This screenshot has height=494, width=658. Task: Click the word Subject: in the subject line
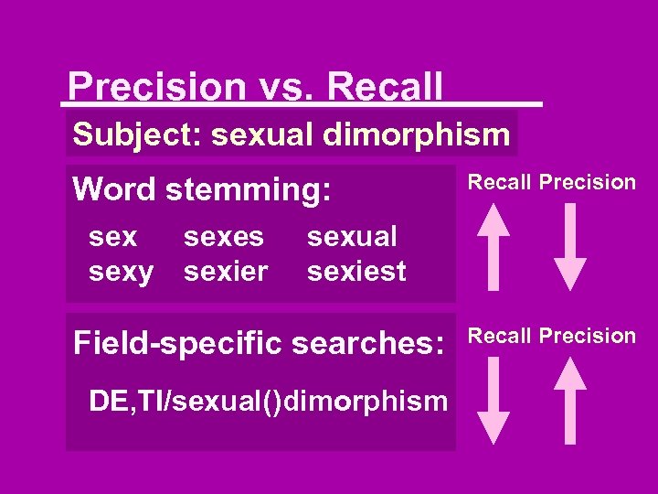click(x=137, y=134)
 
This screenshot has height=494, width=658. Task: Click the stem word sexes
click(x=224, y=237)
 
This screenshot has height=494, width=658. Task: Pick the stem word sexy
click(x=122, y=271)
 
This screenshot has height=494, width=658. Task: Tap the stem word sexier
click(x=226, y=271)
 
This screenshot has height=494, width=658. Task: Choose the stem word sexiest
click(x=356, y=271)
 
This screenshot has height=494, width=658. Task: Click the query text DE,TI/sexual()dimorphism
click(x=268, y=401)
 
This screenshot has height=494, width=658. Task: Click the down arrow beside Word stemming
click(x=571, y=245)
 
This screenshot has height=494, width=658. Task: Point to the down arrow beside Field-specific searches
click(x=494, y=399)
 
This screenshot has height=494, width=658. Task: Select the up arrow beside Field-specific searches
click(x=571, y=399)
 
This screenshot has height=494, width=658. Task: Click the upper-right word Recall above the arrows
click(x=500, y=182)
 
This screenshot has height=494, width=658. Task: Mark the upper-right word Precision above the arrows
click(x=587, y=182)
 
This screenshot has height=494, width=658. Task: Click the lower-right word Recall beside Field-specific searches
click(x=500, y=336)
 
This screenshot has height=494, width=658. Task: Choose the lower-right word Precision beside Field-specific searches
click(x=587, y=336)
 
